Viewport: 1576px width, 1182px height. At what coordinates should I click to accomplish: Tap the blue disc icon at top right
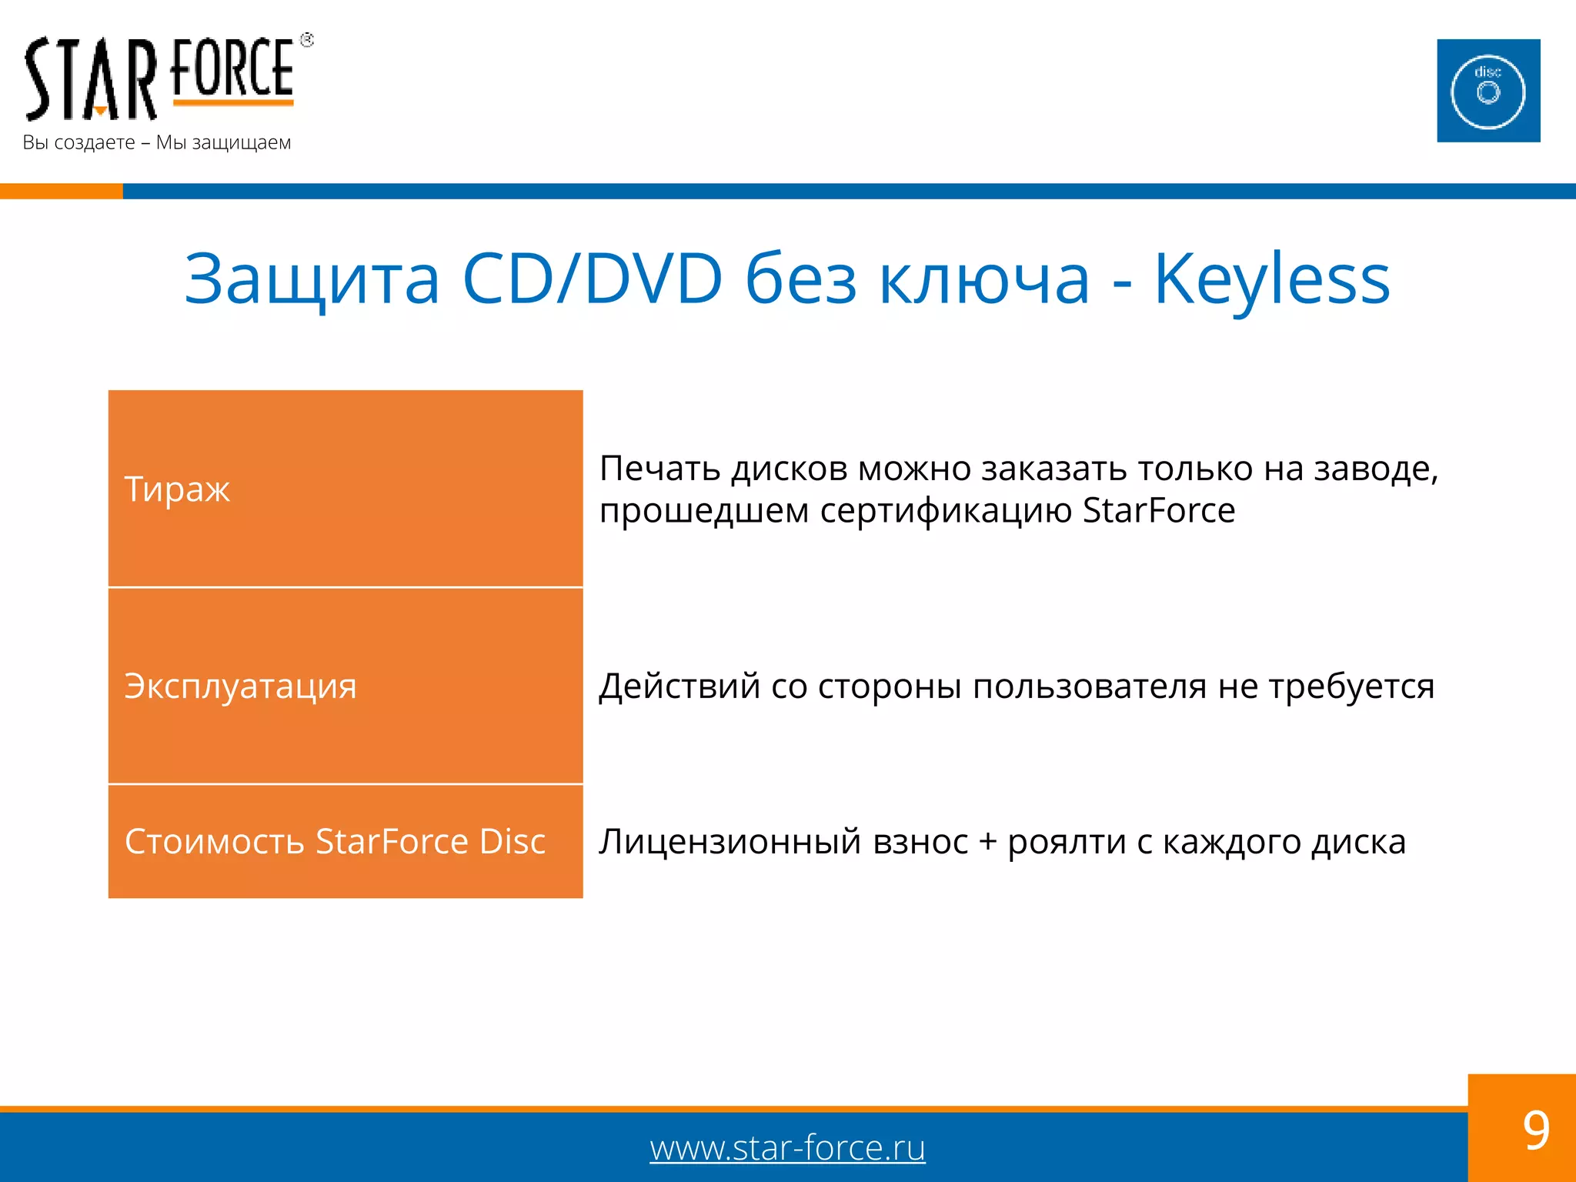[1488, 91]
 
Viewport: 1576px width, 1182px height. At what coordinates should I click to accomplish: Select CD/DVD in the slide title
[593, 279]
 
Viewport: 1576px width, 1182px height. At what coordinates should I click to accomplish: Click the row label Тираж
[177, 489]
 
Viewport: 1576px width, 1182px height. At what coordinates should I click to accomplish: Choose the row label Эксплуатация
[240, 686]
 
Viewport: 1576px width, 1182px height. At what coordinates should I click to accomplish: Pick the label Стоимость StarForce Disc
[335, 842]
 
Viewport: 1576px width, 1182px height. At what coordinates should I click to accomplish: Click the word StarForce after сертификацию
[1158, 511]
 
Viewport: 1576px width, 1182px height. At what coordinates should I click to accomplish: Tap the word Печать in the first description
[660, 469]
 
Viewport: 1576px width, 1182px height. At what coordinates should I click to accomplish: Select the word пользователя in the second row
[1089, 686]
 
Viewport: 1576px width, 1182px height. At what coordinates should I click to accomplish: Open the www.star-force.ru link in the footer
[787, 1148]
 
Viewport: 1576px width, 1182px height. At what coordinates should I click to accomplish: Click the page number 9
[1535, 1130]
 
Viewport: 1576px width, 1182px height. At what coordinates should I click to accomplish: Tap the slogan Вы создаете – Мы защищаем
[157, 143]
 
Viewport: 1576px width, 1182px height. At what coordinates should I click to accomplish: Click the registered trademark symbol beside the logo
[307, 40]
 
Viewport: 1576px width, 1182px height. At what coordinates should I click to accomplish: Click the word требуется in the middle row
[1351, 686]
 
